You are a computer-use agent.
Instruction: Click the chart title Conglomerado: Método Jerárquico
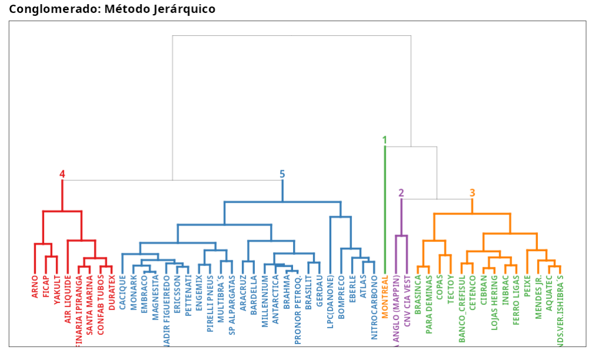[x=112, y=9]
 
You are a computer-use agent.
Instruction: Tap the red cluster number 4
[x=62, y=174]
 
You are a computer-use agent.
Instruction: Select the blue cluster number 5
[x=282, y=174]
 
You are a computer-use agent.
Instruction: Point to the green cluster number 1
[x=385, y=140]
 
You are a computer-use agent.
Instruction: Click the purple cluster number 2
[x=401, y=193]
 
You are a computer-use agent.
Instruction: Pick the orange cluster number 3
[x=472, y=193]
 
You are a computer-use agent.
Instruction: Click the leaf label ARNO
[x=35, y=286]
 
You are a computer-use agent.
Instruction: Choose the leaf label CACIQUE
[x=123, y=293]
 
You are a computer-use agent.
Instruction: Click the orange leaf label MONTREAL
[x=385, y=297]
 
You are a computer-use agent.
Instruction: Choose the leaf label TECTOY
[x=450, y=290]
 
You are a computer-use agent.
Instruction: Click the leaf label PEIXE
[x=527, y=285]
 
